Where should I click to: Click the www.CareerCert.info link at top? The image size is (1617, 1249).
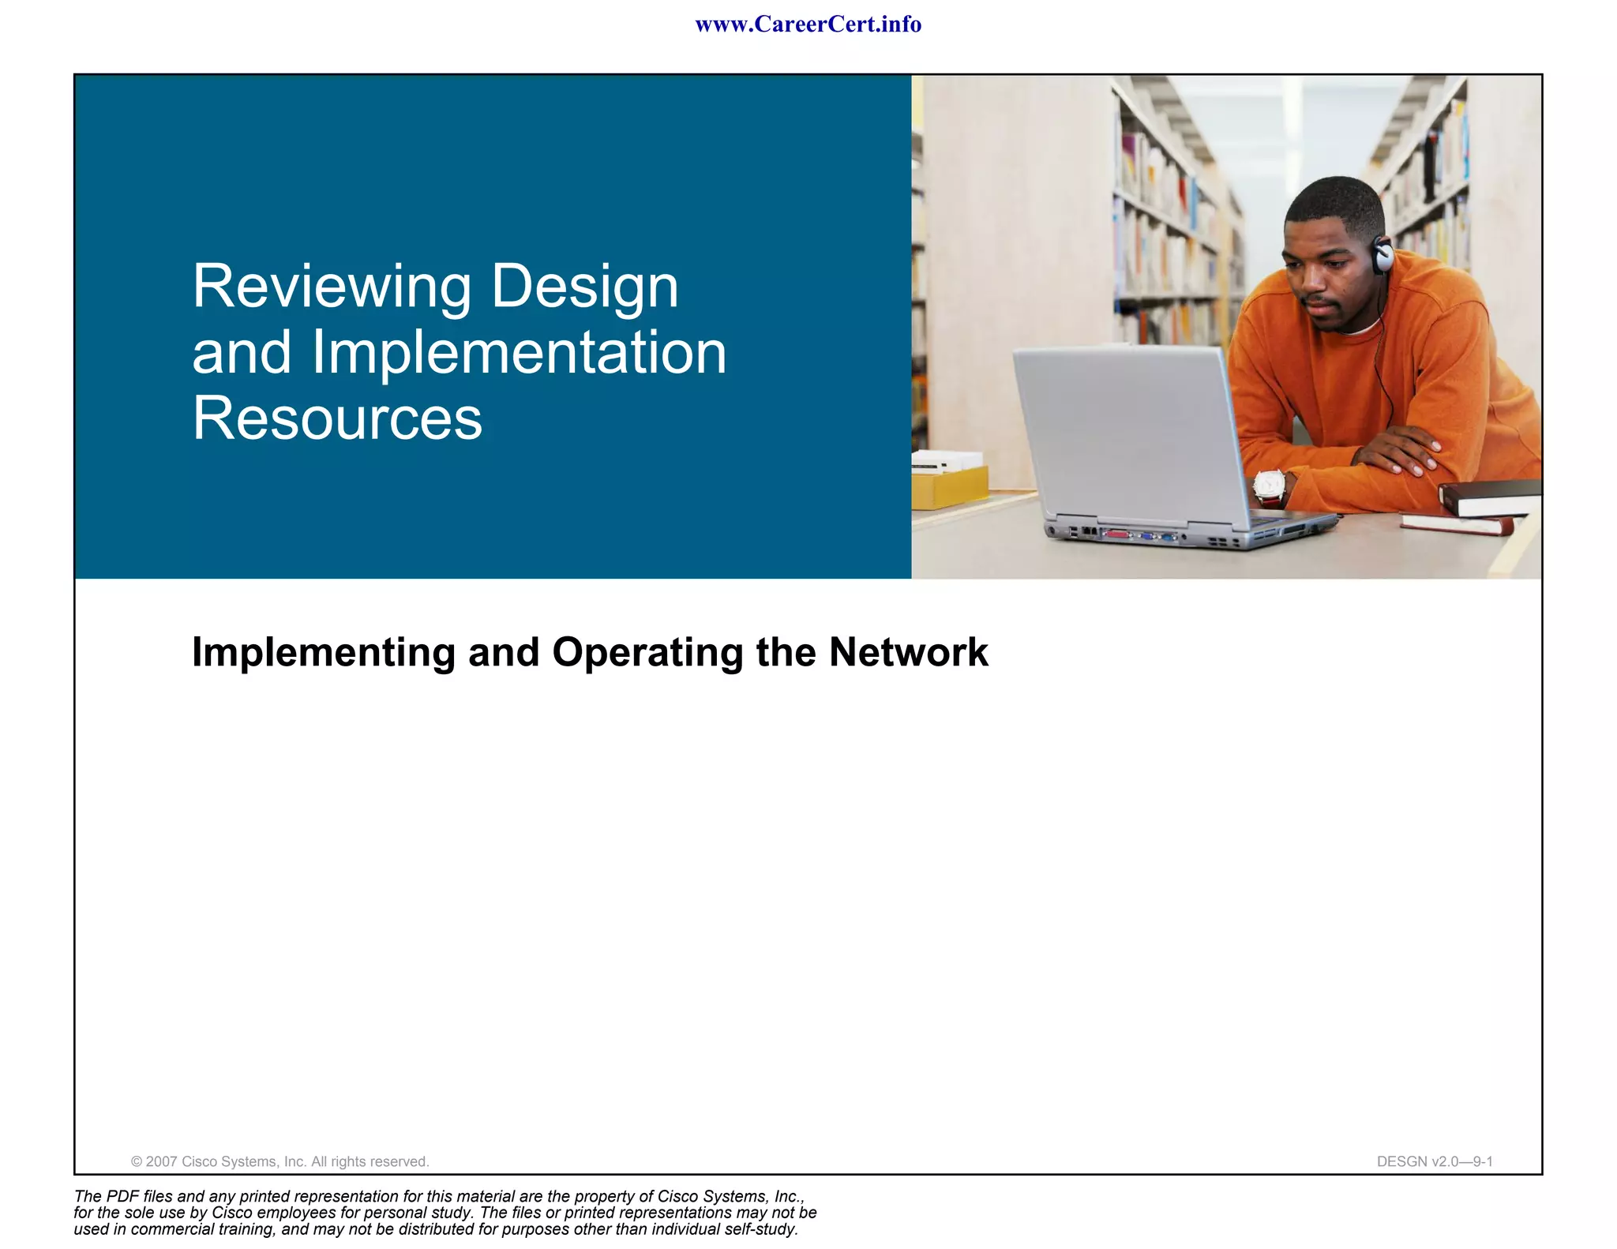tap(808, 24)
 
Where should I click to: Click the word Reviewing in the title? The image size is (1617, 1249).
tap(332, 287)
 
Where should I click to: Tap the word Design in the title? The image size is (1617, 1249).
tap(584, 287)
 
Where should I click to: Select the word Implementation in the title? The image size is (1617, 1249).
tap(519, 353)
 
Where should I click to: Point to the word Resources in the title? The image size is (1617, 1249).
tap(337, 418)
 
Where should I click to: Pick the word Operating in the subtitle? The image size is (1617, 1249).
tap(647, 653)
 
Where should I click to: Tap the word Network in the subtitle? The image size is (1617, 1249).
tap(908, 653)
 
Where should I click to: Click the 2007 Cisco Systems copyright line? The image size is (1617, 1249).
tap(280, 1161)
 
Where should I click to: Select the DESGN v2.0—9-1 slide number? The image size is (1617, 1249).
tap(1434, 1161)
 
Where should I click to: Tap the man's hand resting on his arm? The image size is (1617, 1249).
tap(1398, 450)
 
